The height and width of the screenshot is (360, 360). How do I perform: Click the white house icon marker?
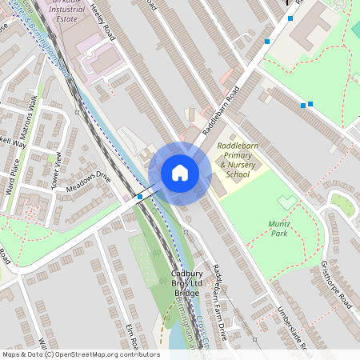[180, 173]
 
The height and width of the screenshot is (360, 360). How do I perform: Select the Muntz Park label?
[278, 229]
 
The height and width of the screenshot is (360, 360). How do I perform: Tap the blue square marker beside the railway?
[140, 196]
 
